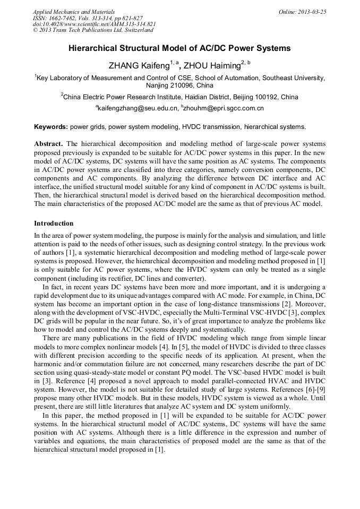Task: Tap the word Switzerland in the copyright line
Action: click(x=136, y=30)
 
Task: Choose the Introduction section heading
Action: click(x=54, y=223)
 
